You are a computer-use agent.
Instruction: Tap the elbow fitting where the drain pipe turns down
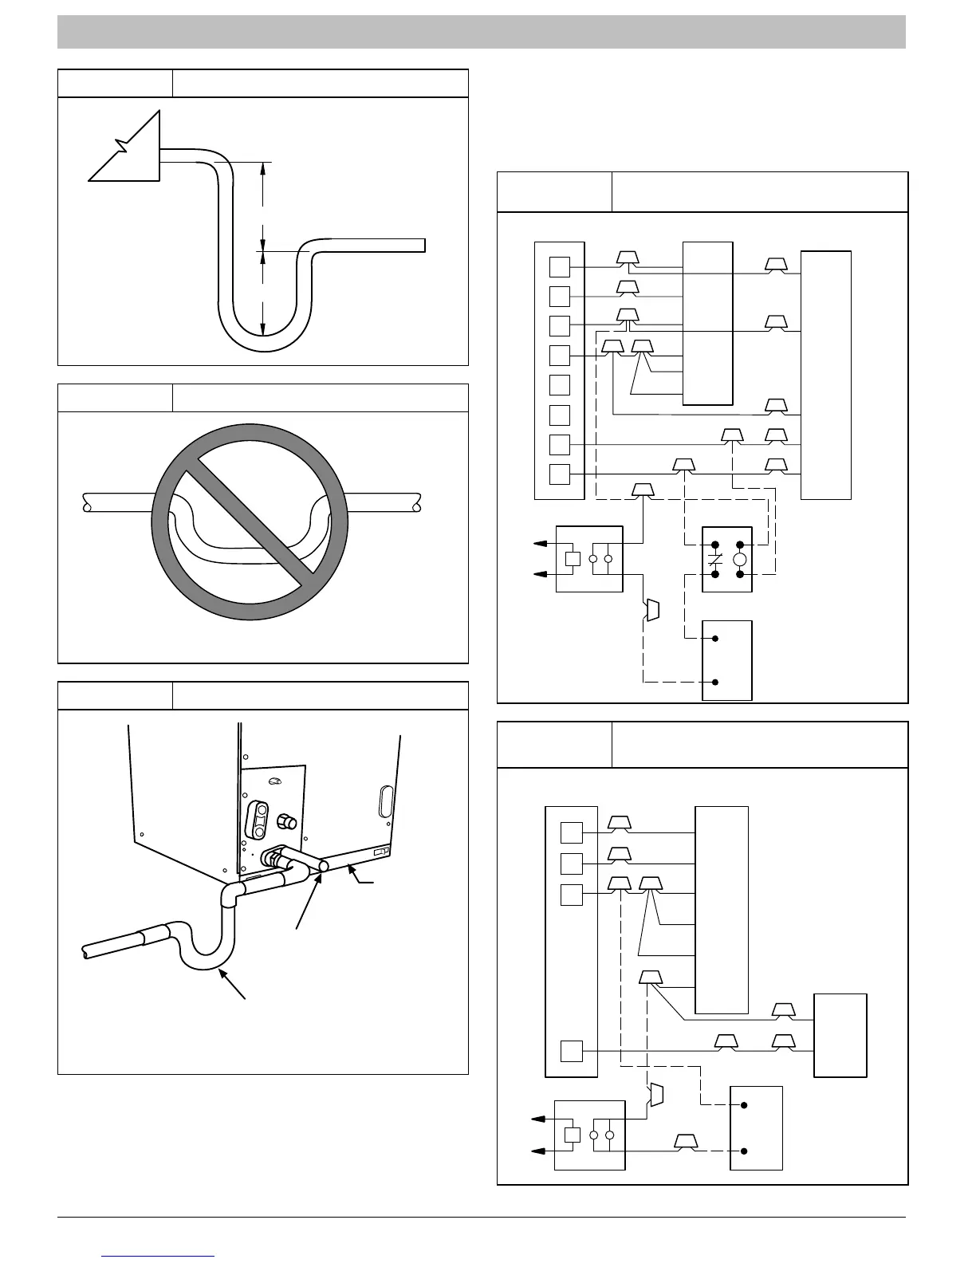pos(230,894)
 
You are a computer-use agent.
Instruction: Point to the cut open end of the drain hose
pos(86,951)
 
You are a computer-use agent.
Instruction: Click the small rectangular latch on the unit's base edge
pos(380,852)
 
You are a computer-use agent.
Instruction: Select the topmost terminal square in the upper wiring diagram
pos(560,266)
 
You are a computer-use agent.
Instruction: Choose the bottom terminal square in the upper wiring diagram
pos(560,474)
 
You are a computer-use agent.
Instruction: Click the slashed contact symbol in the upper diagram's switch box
pos(715,559)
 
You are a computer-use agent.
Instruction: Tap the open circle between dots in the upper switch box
pos(739,560)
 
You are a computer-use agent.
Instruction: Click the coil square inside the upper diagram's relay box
pos(572,558)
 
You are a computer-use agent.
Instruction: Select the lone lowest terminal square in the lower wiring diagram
pos(571,1051)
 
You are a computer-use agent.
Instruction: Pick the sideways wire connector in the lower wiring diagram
pos(656,1095)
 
